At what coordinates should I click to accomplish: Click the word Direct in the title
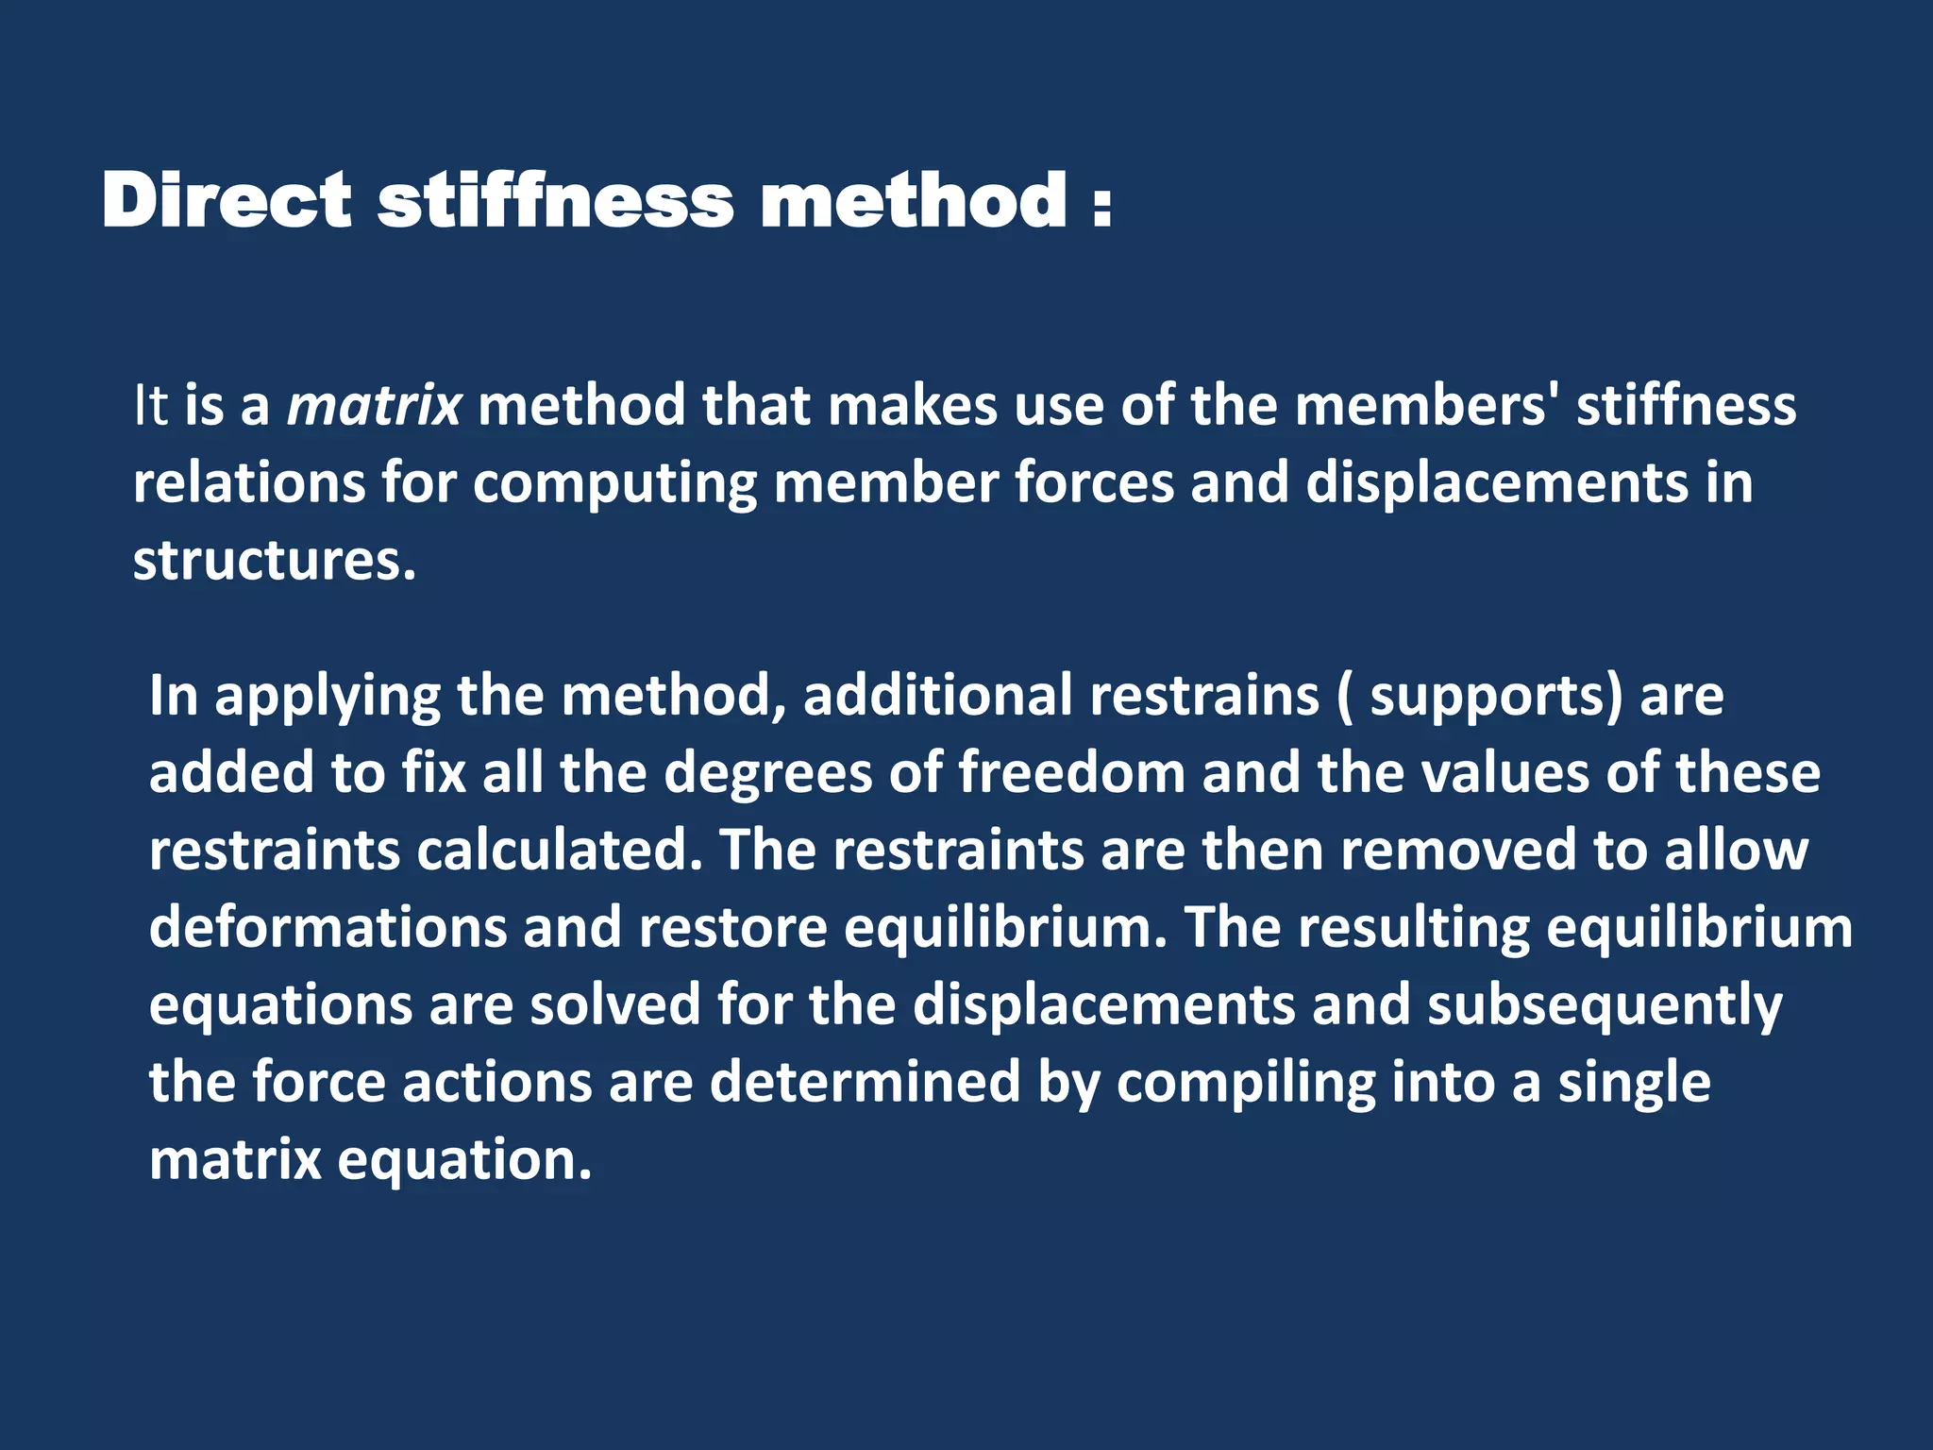tap(227, 200)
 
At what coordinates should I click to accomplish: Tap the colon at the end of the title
tap(1101, 206)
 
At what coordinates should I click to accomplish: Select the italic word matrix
tap(374, 406)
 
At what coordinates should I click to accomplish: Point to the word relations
tap(248, 483)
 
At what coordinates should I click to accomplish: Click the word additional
tap(938, 696)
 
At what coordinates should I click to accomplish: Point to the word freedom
tap(1072, 773)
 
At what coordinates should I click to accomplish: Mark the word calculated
tap(560, 851)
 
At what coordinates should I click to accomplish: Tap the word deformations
tap(328, 928)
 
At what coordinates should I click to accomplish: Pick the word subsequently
tap(1605, 1006)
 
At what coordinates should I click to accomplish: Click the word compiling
tap(1246, 1084)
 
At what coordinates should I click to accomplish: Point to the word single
tap(1634, 1084)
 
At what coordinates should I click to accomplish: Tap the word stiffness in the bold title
tap(555, 200)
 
